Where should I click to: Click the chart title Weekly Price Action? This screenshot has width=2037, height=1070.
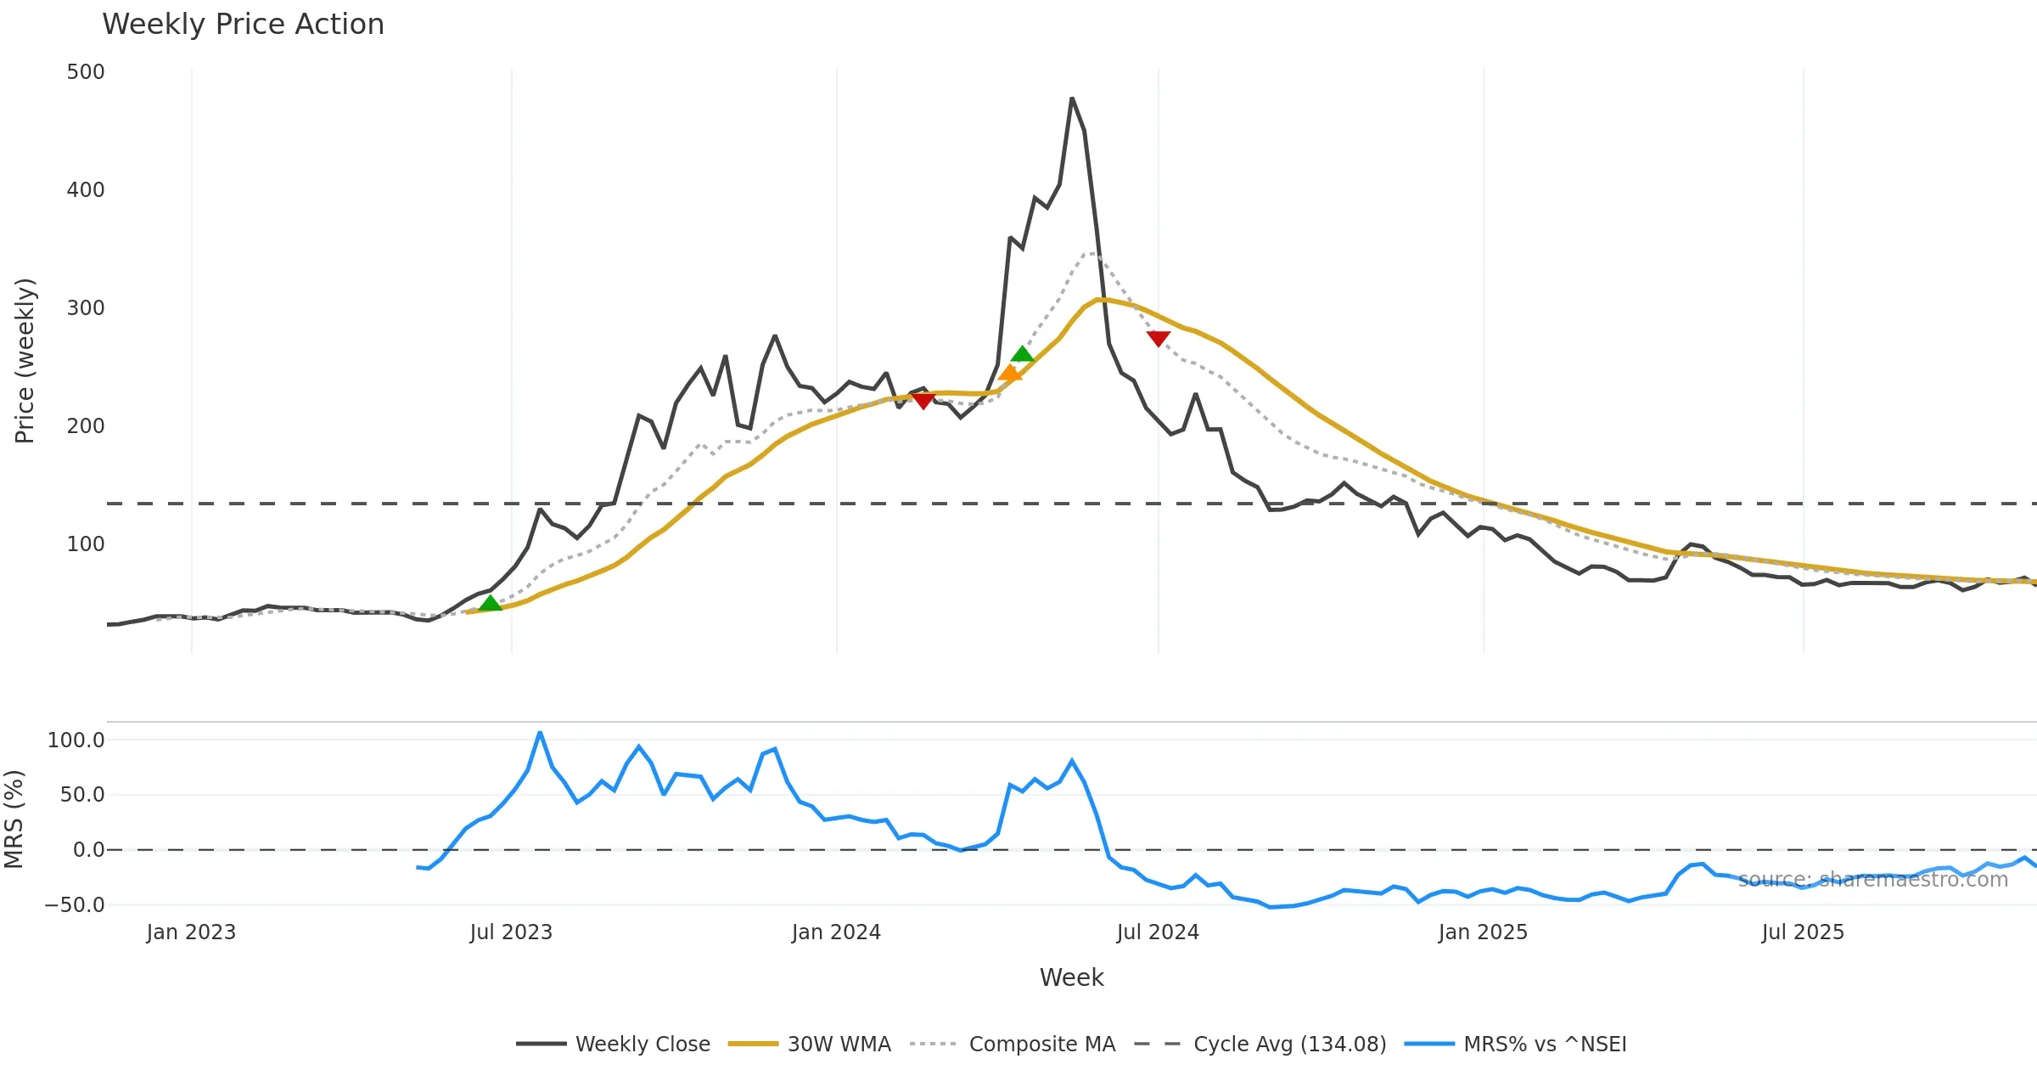(243, 25)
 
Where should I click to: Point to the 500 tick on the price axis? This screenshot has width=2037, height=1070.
(86, 72)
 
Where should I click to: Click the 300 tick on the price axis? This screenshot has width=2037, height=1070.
(86, 308)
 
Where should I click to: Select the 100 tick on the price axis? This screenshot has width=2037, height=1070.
(86, 544)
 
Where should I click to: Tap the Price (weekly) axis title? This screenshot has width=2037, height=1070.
(25, 361)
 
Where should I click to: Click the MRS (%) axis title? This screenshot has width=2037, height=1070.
(14, 819)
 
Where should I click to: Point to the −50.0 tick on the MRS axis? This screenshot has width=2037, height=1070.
(75, 905)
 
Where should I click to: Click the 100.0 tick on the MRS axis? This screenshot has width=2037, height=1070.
(76, 741)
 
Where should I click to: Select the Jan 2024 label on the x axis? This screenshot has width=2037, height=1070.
(836, 932)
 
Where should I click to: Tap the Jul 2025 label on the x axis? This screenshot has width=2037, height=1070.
(1803, 932)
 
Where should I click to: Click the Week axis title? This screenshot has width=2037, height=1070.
(1071, 978)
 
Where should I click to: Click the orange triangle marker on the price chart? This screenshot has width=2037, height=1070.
(1010, 372)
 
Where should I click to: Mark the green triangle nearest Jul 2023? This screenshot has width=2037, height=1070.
(490, 603)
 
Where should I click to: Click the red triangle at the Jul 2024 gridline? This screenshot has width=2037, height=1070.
(1159, 338)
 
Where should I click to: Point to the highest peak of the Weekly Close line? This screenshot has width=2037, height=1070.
(1072, 99)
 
